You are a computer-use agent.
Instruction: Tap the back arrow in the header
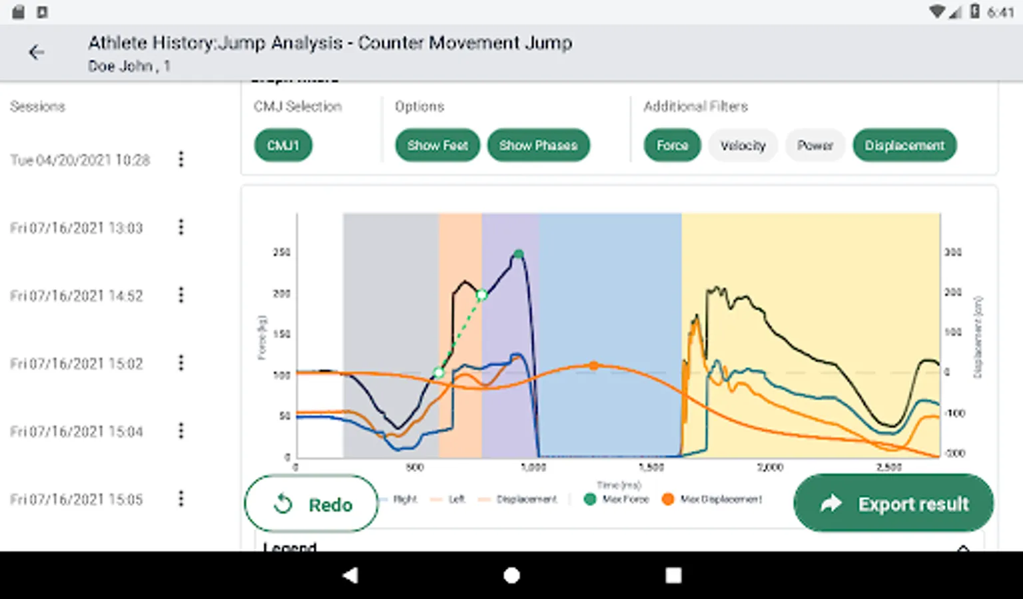point(37,52)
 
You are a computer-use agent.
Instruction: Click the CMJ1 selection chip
point(283,145)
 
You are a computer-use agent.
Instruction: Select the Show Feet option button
point(438,145)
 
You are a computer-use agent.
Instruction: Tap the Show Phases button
point(538,145)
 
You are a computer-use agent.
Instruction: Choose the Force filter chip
point(672,145)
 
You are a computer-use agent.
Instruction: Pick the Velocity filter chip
point(743,145)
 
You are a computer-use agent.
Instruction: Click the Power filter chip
point(815,145)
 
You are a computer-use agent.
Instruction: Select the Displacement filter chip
point(904,145)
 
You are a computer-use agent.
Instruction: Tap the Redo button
point(312,504)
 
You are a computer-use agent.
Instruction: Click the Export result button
point(893,503)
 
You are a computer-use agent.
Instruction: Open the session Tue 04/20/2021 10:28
point(80,160)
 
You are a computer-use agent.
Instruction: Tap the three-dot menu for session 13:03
point(180,228)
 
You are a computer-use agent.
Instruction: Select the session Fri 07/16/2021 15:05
point(77,499)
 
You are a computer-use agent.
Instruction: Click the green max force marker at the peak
point(519,254)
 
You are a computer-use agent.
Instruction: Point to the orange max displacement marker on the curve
point(593,365)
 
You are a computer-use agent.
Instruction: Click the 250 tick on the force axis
point(282,252)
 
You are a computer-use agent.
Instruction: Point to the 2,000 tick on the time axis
point(770,467)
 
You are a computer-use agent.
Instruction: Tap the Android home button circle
point(511,575)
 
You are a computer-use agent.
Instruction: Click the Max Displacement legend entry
point(712,499)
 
